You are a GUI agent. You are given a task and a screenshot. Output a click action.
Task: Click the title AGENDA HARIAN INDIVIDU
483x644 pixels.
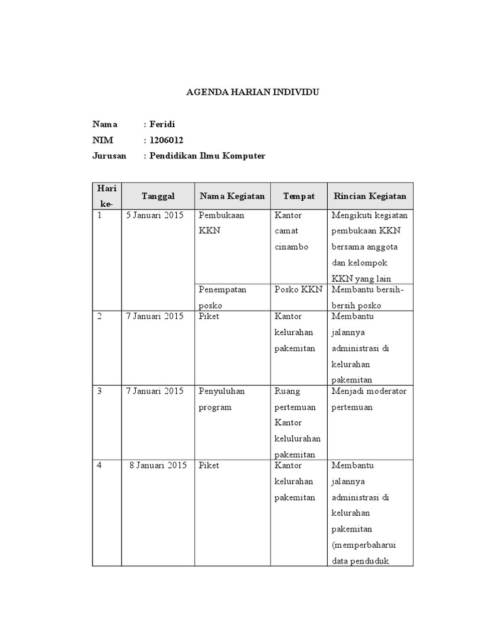tap(253, 92)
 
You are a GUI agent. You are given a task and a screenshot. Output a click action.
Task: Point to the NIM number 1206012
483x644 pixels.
tap(166, 140)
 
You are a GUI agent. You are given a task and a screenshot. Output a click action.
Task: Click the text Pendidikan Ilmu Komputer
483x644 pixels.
tap(207, 155)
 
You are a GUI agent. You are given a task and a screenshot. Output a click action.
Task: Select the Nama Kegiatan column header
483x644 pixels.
tap(232, 196)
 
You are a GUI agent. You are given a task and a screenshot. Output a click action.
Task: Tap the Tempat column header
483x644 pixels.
tap(299, 196)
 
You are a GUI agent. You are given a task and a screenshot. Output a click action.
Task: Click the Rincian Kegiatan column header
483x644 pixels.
tap(370, 196)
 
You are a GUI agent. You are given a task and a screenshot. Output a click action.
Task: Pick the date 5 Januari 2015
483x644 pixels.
tap(154, 215)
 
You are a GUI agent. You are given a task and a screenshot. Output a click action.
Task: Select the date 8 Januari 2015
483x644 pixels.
tap(158, 465)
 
